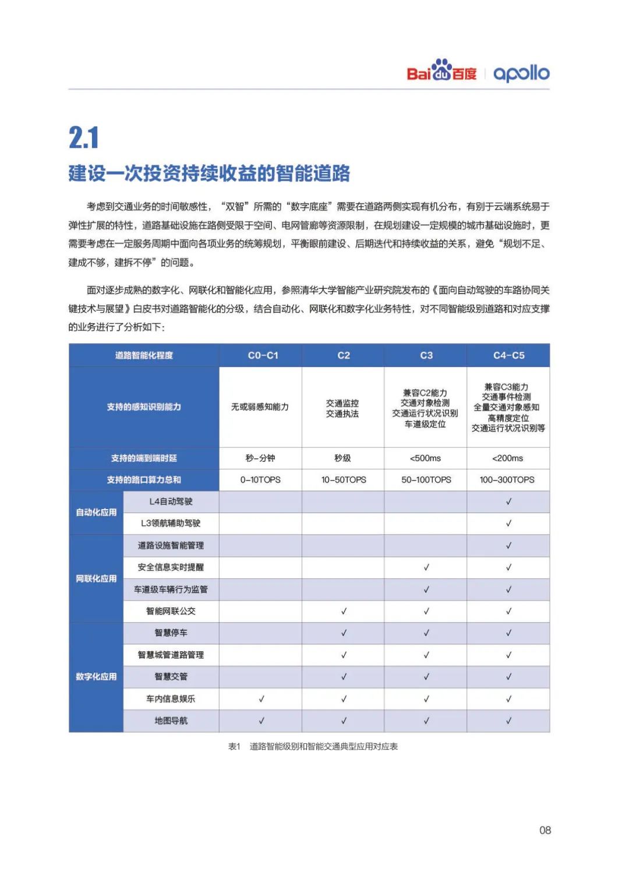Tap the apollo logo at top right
(521, 73)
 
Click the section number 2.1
(84, 138)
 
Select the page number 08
(545, 830)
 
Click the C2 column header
(344, 355)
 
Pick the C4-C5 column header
(508, 355)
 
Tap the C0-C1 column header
(263, 355)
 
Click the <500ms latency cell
(426, 458)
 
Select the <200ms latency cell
(508, 458)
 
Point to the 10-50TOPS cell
(344, 480)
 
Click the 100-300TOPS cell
(507, 480)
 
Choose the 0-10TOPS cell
(260, 480)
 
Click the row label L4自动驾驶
(171, 501)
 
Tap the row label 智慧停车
(171, 633)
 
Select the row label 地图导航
(171, 720)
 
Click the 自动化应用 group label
(96, 513)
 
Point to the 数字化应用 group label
(96, 677)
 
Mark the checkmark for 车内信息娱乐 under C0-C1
(262, 698)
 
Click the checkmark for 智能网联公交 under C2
(344, 611)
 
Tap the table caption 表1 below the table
(313, 746)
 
